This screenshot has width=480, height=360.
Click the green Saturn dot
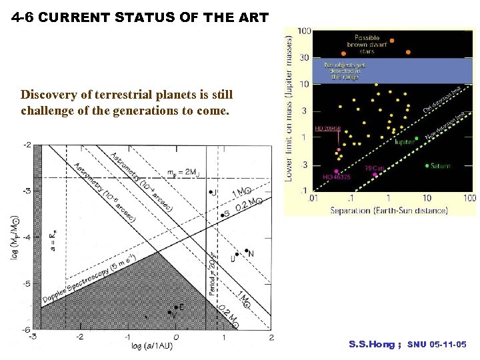[x=427, y=165]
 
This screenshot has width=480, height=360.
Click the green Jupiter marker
[x=417, y=139]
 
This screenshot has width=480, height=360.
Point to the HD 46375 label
[x=336, y=177]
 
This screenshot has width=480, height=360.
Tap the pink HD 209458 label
[x=328, y=128]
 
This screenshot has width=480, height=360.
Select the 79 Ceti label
[x=374, y=169]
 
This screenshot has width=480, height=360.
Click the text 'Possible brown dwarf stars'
[x=367, y=45]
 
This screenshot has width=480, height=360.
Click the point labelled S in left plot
[x=223, y=215]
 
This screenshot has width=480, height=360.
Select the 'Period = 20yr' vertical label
[x=212, y=273]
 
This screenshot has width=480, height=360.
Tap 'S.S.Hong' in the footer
[x=371, y=345]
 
